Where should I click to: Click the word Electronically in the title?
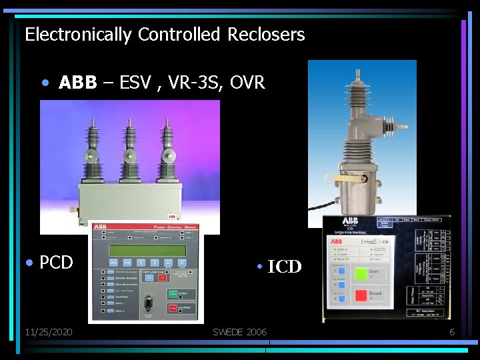tap(78, 35)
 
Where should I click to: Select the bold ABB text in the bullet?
tap(77, 83)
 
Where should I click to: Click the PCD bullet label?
tap(56, 263)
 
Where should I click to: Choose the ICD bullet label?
tap(284, 267)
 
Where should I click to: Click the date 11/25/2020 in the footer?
tap(49, 332)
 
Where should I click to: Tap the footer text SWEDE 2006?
tap(239, 332)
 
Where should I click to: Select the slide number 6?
tap(451, 332)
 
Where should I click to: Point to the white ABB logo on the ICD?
tap(349, 221)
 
